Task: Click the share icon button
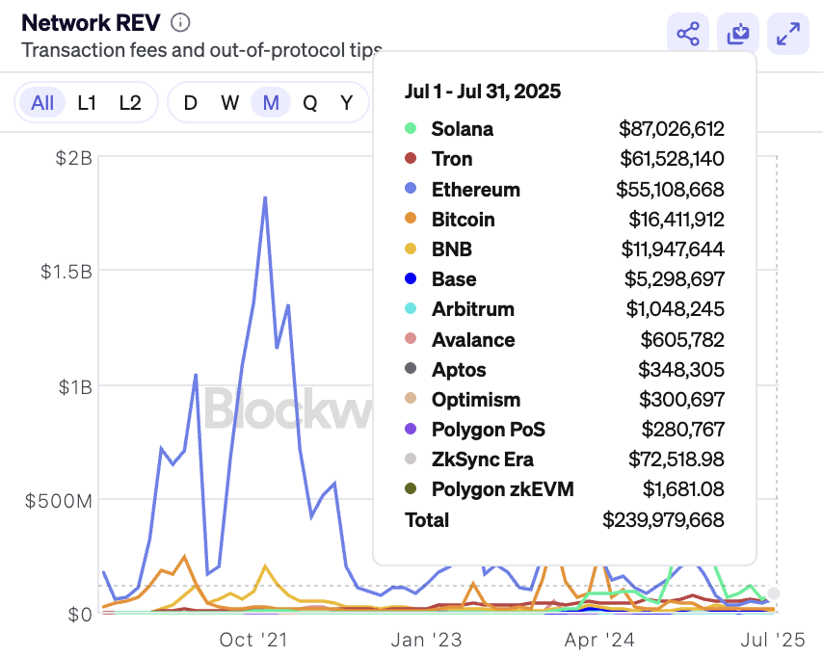point(688,35)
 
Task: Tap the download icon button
point(738,35)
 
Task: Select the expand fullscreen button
point(788,35)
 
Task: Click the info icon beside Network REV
point(180,22)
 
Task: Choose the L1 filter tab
point(87,103)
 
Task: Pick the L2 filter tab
point(130,103)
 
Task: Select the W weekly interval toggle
point(229,103)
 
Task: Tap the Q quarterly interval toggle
point(309,103)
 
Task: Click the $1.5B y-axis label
point(66,272)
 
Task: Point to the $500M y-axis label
point(61,500)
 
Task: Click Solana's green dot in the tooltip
point(411,128)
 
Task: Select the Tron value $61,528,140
point(672,159)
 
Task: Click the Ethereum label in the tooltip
point(475,189)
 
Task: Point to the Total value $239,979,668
point(663,520)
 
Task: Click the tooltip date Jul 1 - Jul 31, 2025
point(482,92)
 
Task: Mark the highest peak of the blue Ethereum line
point(264,197)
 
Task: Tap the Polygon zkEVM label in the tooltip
point(502,489)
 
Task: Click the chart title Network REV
point(91,22)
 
